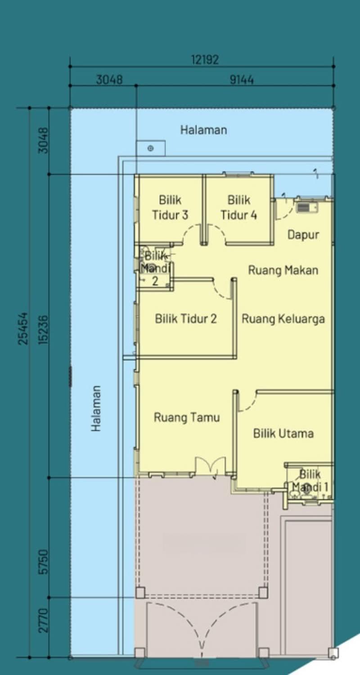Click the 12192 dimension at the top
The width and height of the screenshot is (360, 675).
(x=205, y=60)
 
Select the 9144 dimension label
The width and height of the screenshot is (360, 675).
(x=242, y=80)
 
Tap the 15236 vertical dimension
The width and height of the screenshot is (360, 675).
(x=43, y=328)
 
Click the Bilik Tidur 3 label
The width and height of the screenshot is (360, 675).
(x=170, y=207)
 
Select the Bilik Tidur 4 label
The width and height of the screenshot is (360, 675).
(x=238, y=207)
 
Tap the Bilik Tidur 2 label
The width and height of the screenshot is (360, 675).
(x=186, y=319)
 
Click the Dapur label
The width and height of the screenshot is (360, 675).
(x=303, y=234)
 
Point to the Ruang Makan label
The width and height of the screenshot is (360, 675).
(x=283, y=270)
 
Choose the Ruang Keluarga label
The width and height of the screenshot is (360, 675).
(x=283, y=319)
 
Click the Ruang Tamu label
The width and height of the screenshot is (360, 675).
(x=187, y=417)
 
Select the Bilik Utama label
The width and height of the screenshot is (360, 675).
(x=283, y=433)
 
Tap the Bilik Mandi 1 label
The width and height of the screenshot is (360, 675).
(x=310, y=480)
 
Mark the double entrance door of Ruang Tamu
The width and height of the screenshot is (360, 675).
(x=210, y=467)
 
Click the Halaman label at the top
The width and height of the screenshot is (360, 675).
(x=203, y=130)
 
